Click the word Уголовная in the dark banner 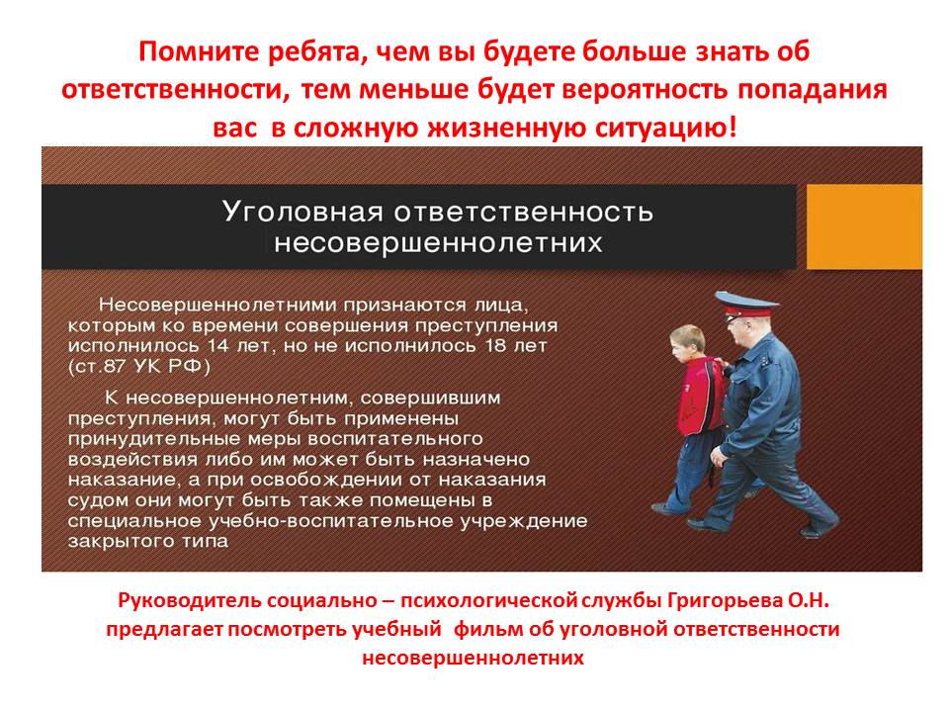pyautogui.click(x=302, y=212)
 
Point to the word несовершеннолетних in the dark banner pyautogui.click(x=438, y=243)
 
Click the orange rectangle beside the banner pyautogui.click(x=864, y=227)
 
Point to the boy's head pyautogui.click(x=687, y=343)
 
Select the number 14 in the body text pyautogui.click(x=219, y=346)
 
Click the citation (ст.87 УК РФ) pyautogui.click(x=139, y=367)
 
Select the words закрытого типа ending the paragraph pyautogui.click(x=148, y=541)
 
